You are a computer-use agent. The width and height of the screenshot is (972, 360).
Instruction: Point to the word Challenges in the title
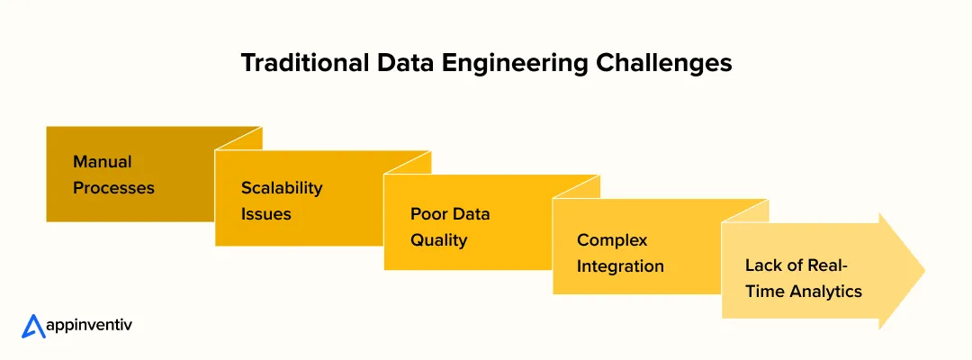[x=650, y=64]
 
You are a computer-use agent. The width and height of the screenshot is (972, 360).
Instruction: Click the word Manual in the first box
[x=102, y=162]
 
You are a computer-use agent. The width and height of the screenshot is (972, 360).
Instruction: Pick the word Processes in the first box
[x=113, y=188]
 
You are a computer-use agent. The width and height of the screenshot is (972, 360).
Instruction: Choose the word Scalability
[x=281, y=188]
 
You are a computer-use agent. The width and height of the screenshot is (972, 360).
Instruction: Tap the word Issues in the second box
[x=265, y=214]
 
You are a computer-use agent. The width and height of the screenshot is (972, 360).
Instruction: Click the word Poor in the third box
[x=429, y=214]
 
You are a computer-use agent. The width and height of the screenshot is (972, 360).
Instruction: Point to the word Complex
[x=612, y=240]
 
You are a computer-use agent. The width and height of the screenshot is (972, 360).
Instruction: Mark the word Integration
[x=620, y=266]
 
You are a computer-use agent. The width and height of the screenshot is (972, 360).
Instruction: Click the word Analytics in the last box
[x=825, y=292]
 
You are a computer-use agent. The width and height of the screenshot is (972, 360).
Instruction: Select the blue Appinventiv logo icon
[x=33, y=326]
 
